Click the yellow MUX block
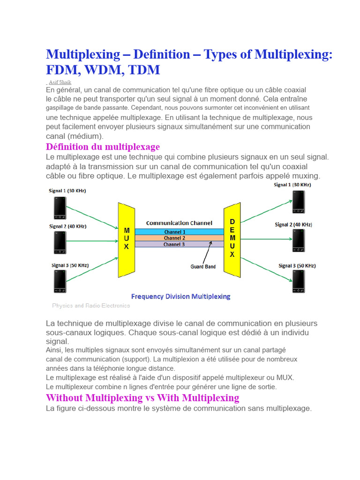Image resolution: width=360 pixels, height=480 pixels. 126,239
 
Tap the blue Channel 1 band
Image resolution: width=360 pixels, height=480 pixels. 174,232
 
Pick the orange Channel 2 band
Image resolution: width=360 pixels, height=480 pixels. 174,238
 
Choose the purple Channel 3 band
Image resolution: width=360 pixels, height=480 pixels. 174,244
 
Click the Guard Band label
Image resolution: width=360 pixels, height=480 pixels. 203,267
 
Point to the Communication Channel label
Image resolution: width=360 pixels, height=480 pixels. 179,223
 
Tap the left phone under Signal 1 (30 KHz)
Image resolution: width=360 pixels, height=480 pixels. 60,208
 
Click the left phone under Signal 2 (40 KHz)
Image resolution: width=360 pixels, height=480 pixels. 60,243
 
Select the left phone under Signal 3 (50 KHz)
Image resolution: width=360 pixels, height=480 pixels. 60,282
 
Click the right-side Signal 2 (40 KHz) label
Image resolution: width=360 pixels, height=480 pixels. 293,225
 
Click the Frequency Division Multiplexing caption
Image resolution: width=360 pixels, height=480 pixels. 180,296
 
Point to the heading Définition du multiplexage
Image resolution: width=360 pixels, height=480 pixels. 103,147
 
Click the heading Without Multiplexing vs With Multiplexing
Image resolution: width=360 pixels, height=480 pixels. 142,398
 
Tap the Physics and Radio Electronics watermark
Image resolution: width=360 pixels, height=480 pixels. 91,306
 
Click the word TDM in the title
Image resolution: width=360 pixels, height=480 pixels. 143,70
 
